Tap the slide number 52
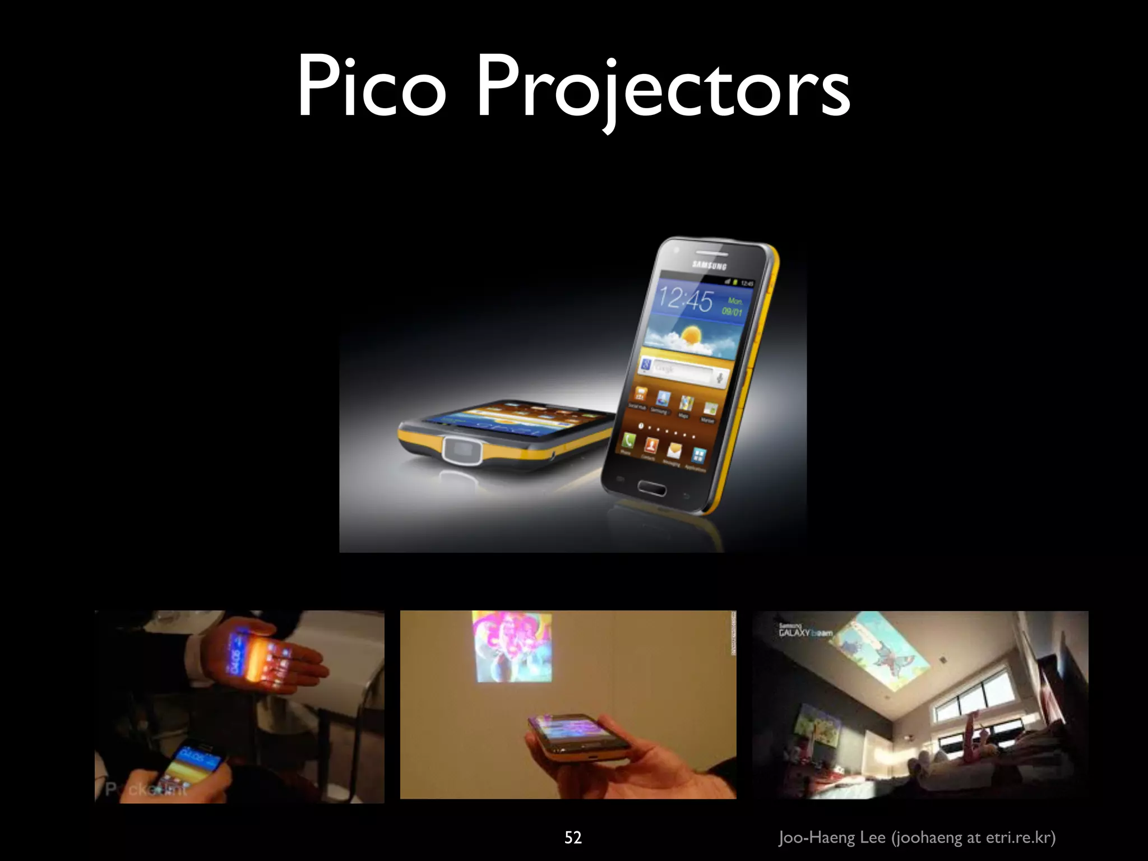(573, 837)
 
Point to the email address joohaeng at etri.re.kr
(975, 837)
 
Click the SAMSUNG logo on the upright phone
(709, 265)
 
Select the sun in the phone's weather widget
(691, 335)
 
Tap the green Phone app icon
(627, 441)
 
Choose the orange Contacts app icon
(651, 445)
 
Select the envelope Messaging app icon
(674, 450)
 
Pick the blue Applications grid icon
(698, 455)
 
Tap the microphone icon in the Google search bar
(720, 378)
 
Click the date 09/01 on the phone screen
(732, 311)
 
